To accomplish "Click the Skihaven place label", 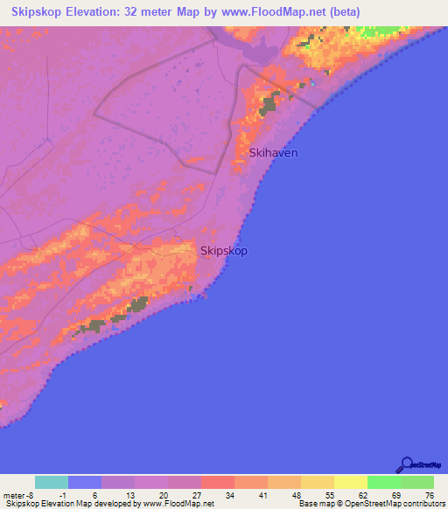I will pos(274,152).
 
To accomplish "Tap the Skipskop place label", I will pos(224,251).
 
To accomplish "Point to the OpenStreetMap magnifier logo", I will pos(407,465).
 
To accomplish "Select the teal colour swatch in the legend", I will pos(52,482).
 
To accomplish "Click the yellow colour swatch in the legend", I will pos(351,482).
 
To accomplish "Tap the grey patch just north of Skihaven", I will pos(269,106).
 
